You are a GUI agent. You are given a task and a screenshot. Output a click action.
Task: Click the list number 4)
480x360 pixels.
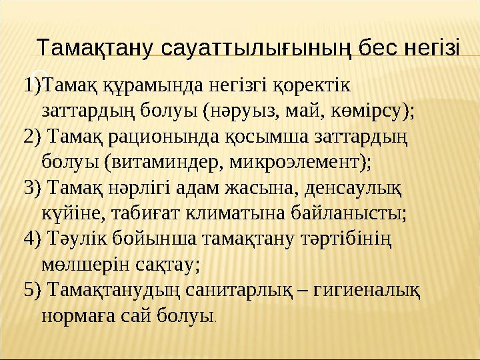[x=31, y=238]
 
